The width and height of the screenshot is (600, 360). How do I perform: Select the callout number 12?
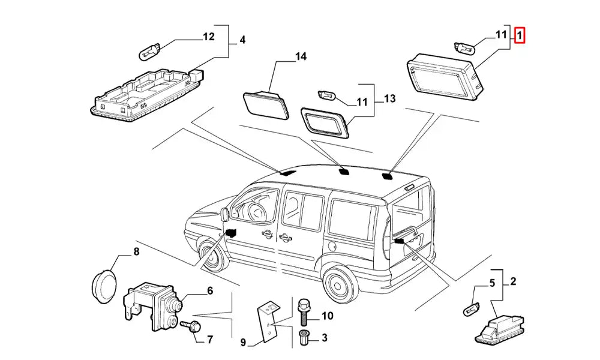coord(208,37)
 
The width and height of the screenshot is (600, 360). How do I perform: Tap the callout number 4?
coord(242,40)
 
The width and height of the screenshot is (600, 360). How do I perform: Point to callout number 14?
coord(301,56)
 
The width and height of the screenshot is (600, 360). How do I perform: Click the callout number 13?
coord(390,98)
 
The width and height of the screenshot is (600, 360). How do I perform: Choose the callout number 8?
coord(136,251)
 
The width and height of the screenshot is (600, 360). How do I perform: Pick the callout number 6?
coord(209,291)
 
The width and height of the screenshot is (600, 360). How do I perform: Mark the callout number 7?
coord(209,340)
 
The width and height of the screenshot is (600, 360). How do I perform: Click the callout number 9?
coord(243,343)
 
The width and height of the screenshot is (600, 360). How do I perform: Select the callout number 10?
coord(327,316)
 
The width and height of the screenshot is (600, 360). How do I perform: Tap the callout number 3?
coord(324,338)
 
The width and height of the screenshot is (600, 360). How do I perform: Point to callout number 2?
coord(513,281)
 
